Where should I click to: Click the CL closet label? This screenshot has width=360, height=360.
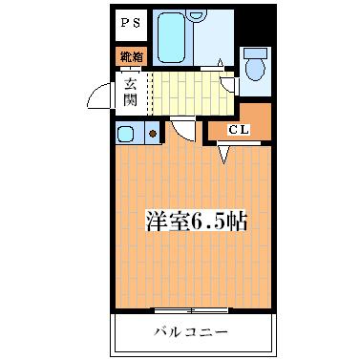pos(238,130)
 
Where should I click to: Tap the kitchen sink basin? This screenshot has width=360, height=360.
pos(127,132)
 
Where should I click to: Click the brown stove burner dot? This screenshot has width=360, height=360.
pos(152,134)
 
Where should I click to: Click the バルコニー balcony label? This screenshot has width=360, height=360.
pos(195,332)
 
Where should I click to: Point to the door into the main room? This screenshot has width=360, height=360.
pos(182,128)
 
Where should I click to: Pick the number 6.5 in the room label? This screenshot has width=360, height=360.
pos(212,222)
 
